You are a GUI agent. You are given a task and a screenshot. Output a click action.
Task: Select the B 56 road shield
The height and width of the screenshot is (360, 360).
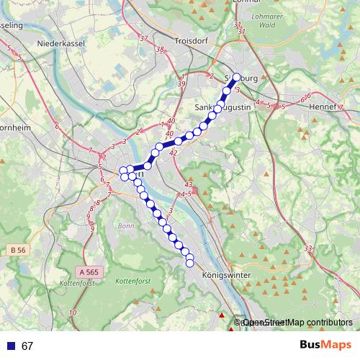click(x=19, y=249)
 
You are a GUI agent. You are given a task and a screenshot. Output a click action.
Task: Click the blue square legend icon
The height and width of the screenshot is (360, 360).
click(x=9, y=346)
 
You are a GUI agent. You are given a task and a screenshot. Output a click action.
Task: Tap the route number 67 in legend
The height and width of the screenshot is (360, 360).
click(x=27, y=346)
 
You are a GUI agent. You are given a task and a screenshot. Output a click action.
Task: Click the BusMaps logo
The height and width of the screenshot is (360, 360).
click(x=325, y=346)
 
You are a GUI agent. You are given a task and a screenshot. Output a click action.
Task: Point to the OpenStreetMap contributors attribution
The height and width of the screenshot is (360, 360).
click(x=297, y=323)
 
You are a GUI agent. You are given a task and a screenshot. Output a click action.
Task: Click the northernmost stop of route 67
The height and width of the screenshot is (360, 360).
click(x=236, y=77)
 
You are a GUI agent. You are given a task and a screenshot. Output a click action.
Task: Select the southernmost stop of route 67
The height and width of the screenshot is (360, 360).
click(x=190, y=264)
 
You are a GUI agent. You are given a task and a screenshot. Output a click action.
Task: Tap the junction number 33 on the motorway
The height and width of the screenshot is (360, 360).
click(x=309, y=248)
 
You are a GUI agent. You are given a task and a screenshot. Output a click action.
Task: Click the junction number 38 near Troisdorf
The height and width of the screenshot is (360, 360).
click(x=160, y=50)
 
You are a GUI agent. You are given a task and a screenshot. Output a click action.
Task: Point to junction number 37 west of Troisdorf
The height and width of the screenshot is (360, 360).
click(x=143, y=38)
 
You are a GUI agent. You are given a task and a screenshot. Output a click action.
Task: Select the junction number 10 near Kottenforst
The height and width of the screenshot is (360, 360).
click(x=73, y=312)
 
